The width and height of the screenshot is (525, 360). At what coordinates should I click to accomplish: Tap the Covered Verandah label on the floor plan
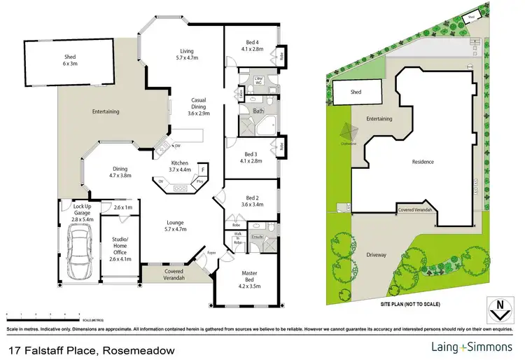(x=174, y=274)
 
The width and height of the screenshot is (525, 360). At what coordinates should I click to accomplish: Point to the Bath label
(x=258, y=111)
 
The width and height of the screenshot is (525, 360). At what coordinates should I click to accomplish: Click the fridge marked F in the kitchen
(x=203, y=169)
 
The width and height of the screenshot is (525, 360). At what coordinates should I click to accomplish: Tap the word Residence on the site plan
(x=423, y=162)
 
